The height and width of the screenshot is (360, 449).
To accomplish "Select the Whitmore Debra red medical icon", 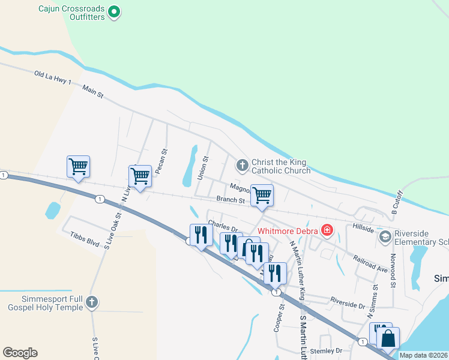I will click(x=327, y=230).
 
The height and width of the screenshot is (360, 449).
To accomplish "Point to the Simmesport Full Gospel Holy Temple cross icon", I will click(x=91, y=302).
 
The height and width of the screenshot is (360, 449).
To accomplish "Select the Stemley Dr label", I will click(x=330, y=350).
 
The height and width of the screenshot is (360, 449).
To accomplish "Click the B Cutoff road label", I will click(x=397, y=202).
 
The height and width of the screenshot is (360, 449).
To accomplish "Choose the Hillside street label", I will click(x=363, y=229).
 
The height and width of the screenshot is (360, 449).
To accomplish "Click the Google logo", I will click(x=20, y=353).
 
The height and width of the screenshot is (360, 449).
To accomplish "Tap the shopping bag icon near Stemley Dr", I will click(x=388, y=338).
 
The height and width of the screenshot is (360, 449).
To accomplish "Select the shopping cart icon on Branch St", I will click(x=262, y=196).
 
